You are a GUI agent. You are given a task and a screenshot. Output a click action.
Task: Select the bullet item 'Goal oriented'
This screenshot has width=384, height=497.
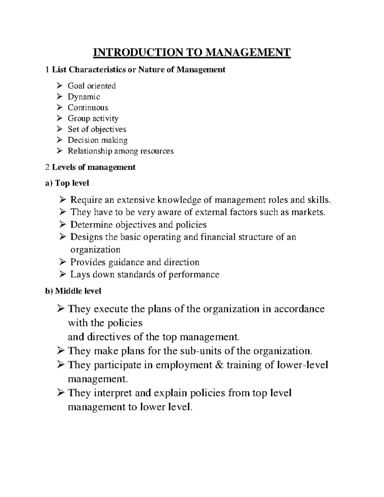point(92,86)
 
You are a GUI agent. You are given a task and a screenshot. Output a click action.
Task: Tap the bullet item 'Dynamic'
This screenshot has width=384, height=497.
point(84,97)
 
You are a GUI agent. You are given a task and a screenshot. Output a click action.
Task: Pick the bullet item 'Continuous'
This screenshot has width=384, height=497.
point(88,108)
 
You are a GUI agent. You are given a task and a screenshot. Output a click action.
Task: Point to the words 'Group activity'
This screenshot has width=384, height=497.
point(93,118)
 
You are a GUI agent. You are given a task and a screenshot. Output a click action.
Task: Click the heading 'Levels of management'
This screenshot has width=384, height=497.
point(94,167)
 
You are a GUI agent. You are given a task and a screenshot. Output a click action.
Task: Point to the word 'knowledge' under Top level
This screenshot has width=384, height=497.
point(179,200)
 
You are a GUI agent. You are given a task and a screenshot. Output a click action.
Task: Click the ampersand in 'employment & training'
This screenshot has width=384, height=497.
point(219,365)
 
